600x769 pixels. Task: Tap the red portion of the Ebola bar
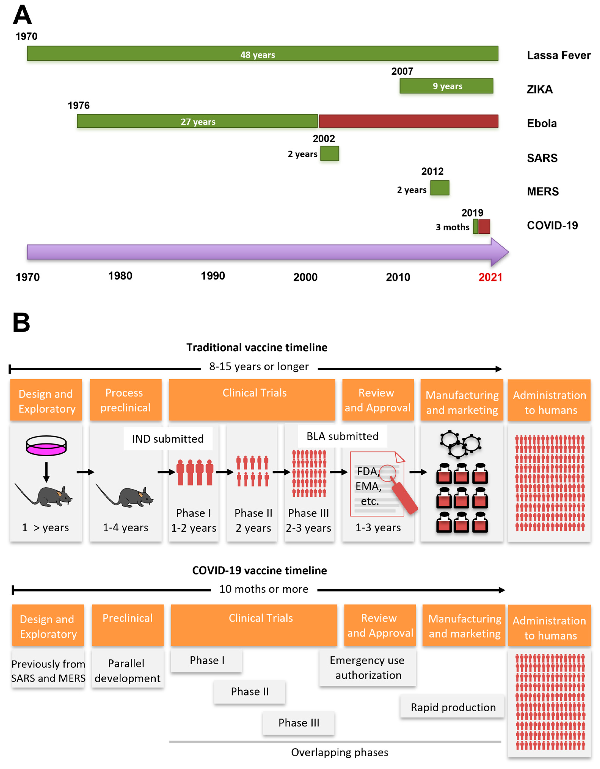(x=408, y=121)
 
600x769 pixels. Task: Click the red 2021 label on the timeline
(x=490, y=277)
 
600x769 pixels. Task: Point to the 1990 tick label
(x=213, y=276)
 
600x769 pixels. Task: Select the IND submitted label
(x=168, y=439)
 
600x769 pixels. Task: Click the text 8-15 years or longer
(x=259, y=366)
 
